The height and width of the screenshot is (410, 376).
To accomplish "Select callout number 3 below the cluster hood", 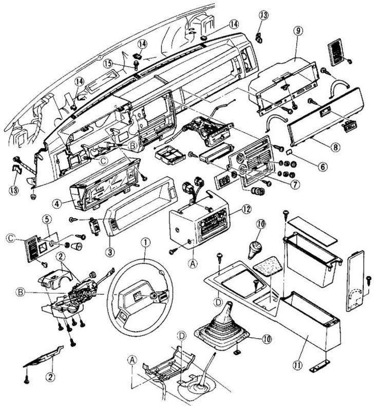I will [110, 252].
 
